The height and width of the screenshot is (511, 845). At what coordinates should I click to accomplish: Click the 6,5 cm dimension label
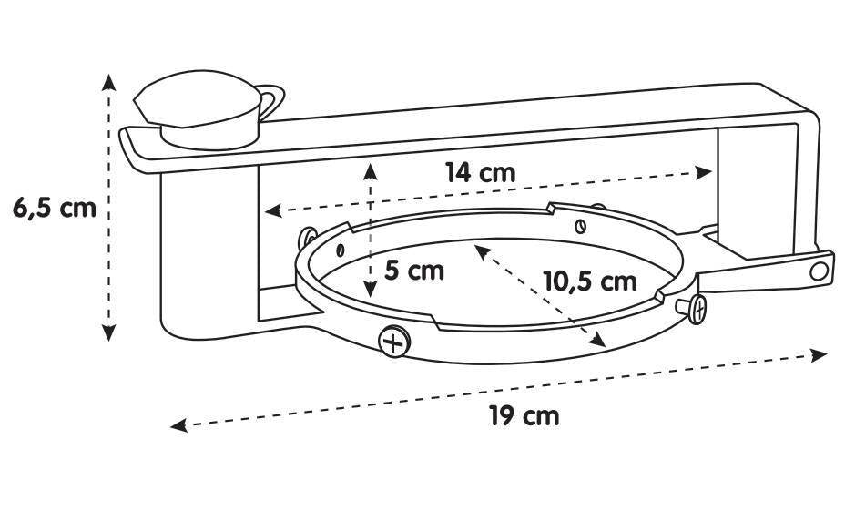[55, 208]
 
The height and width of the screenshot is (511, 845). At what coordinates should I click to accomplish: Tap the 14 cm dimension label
[480, 173]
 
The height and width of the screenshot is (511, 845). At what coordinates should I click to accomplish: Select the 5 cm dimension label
[414, 271]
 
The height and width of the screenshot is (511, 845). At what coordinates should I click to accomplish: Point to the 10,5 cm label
[589, 281]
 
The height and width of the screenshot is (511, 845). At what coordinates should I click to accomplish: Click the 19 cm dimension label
[524, 416]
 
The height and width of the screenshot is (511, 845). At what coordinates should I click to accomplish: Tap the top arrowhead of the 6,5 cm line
[109, 82]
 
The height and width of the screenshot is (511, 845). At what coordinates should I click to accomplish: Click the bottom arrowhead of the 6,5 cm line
[109, 332]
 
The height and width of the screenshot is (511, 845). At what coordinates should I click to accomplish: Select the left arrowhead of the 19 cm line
[178, 425]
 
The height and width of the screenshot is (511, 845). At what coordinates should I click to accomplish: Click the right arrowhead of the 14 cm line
[704, 172]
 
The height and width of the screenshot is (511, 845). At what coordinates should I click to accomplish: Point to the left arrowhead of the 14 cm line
[273, 210]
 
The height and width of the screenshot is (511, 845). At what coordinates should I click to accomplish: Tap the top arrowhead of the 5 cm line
[370, 171]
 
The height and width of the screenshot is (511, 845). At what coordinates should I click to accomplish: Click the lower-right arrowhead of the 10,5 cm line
[597, 340]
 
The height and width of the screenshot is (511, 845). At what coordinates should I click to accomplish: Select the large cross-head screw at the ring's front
[394, 342]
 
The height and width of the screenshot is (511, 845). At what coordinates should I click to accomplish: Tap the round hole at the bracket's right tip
[819, 271]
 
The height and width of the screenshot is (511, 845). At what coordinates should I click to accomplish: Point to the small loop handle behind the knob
[272, 101]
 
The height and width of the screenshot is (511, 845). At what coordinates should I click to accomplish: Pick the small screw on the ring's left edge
[308, 237]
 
